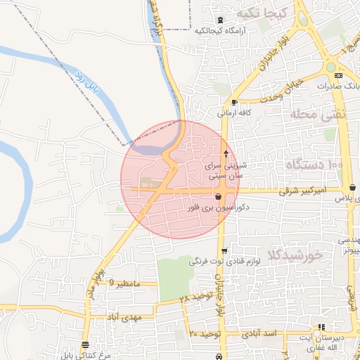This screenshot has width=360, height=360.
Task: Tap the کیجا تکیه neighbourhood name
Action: click(261, 13)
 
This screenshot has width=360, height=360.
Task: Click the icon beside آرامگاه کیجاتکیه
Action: click(221, 19)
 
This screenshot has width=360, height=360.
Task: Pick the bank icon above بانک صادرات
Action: click(339, 75)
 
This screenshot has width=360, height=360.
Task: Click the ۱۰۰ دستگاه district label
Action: click(314, 164)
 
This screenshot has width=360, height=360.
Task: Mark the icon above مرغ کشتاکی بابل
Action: click(85, 345)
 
